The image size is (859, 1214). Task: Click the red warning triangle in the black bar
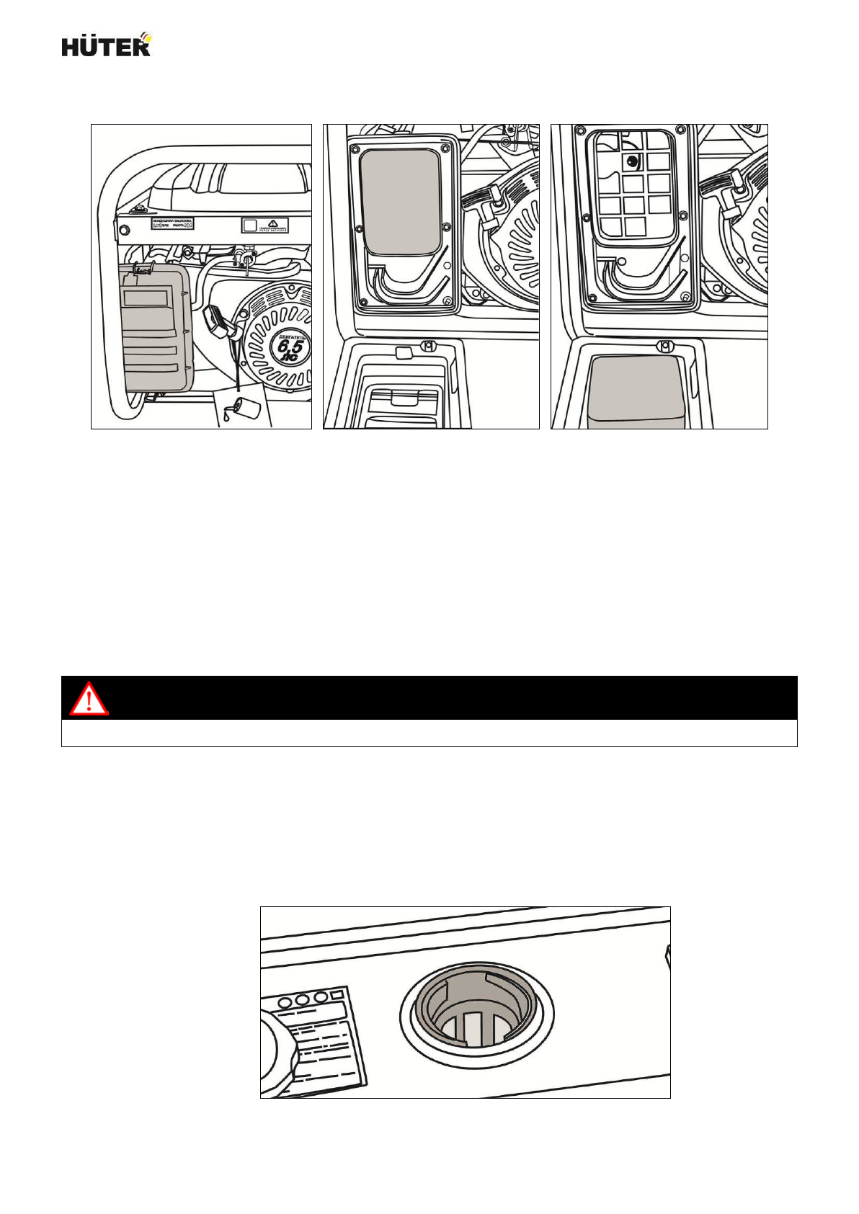[x=89, y=698]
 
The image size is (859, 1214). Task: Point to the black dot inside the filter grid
[x=632, y=161]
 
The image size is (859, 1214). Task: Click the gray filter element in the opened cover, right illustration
[x=636, y=390]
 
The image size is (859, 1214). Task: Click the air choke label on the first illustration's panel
[x=172, y=225]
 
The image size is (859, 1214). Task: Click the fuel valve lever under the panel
[x=247, y=258]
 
